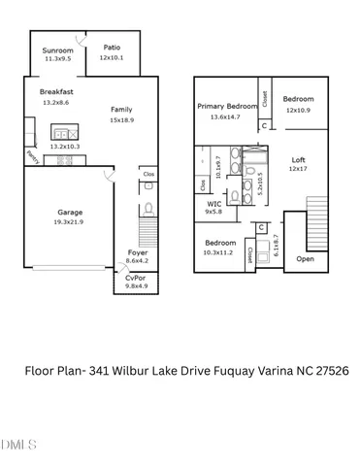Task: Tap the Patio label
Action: [x=114, y=49]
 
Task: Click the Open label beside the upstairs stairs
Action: [x=305, y=259]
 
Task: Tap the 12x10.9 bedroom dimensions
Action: [x=298, y=109]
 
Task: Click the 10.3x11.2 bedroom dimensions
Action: [x=219, y=251]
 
